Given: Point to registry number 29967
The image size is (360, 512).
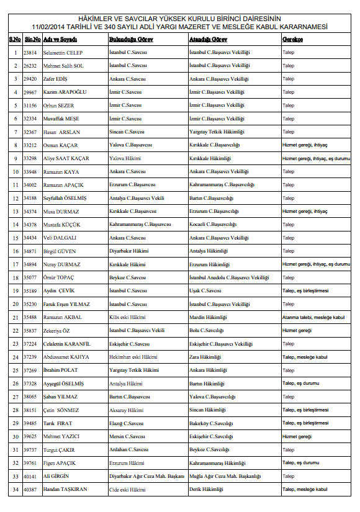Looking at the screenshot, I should pyautogui.click(x=30, y=92).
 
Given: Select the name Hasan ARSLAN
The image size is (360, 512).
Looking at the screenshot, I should pyautogui.click(x=62, y=132).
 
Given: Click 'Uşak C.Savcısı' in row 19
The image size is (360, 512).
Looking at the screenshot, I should pyautogui.click(x=205, y=290).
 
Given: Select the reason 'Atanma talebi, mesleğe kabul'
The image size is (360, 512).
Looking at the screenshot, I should pyautogui.click(x=313, y=317).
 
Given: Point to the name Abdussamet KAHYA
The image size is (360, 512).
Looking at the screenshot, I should pyautogui.click(x=66, y=357).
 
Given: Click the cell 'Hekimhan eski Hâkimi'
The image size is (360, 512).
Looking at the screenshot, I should pyautogui.click(x=133, y=357).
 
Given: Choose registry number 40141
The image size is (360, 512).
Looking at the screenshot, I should pyautogui.click(x=30, y=476).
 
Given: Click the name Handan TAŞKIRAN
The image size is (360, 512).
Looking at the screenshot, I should pyautogui.click(x=65, y=489).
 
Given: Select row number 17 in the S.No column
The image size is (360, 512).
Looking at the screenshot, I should pyautogui.click(x=15, y=264).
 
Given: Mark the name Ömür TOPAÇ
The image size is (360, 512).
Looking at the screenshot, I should pyautogui.click(x=59, y=277).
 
